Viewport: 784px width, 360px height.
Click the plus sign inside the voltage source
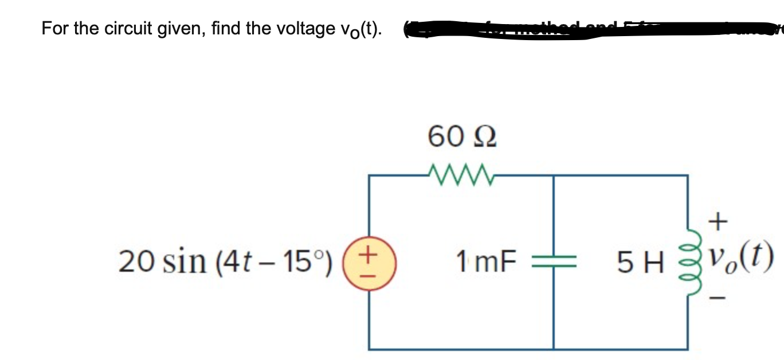(x=370, y=252)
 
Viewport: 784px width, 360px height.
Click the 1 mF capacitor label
(x=487, y=263)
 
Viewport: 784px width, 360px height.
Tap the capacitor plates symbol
(x=553, y=263)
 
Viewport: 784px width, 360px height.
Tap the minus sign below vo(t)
(x=721, y=298)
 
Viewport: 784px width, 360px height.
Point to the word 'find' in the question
(x=226, y=28)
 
